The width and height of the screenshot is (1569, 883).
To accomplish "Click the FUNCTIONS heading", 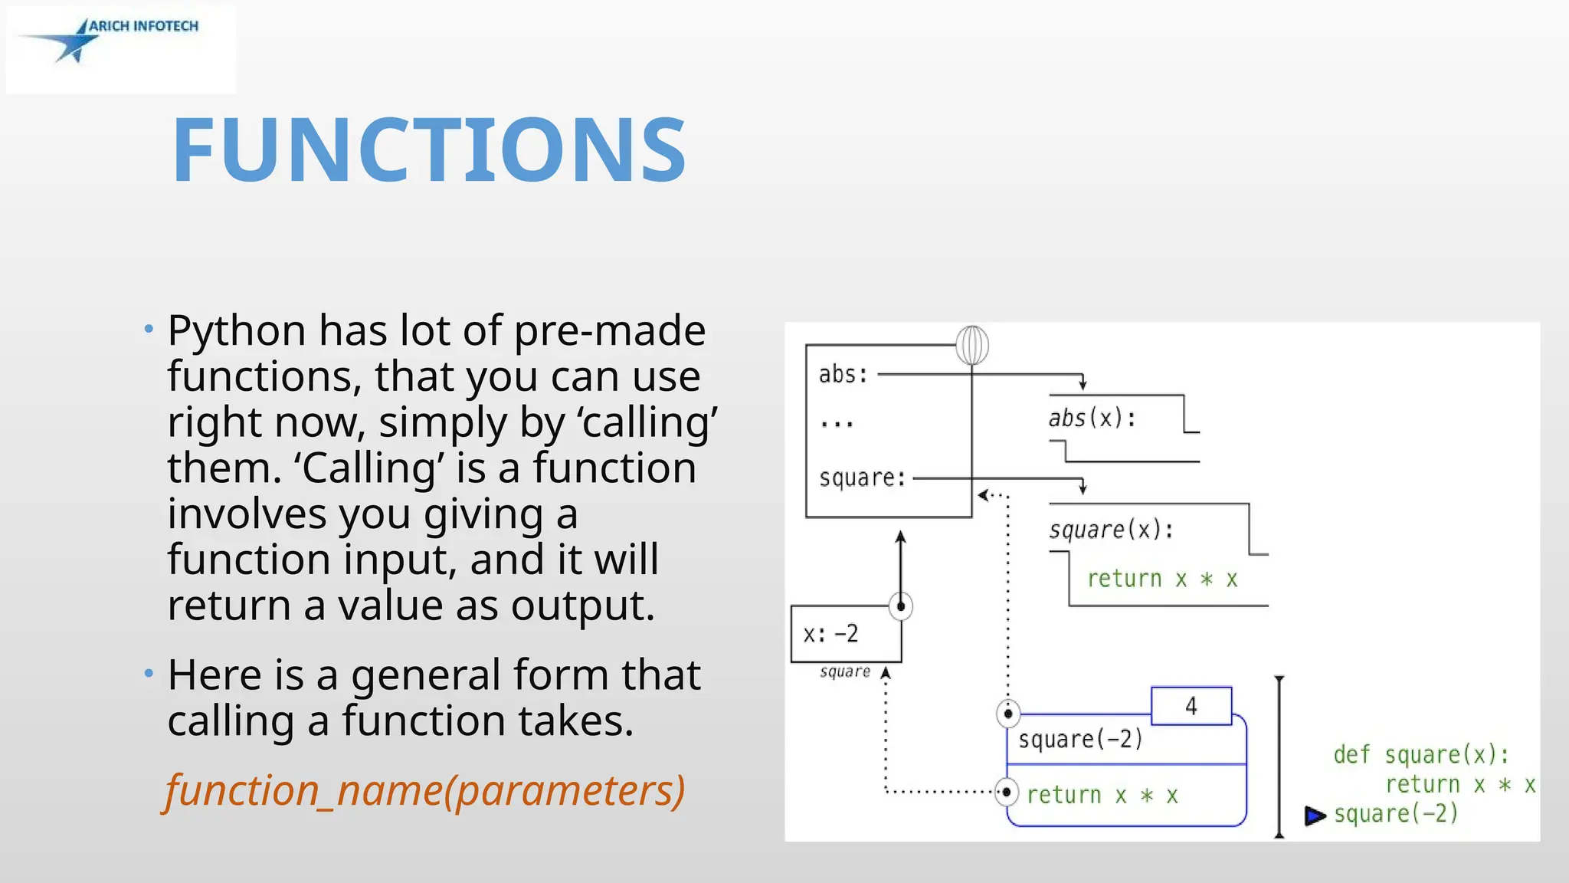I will tap(429, 150).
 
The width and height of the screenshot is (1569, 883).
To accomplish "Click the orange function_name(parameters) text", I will tap(425, 790).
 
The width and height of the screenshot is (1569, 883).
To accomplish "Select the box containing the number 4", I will tap(1191, 706).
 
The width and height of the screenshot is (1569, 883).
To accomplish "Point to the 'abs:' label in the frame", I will tap(843, 375).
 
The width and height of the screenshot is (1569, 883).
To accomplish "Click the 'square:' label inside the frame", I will tap(862, 478).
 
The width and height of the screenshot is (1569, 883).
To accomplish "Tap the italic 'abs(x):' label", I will tap(1092, 419).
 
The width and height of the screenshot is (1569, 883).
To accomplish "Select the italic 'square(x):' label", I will tap(1111, 530).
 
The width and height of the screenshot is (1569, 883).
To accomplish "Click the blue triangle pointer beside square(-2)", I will tap(1315, 816).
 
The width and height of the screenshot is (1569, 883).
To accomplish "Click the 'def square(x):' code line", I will tap(1421, 755).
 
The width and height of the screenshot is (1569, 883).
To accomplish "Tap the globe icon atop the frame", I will tap(972, 346).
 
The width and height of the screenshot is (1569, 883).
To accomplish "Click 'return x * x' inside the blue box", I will tap(1102, 795).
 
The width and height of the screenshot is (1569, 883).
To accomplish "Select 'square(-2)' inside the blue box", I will tap(1080, 740).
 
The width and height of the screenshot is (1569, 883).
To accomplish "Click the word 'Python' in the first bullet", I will tap(237, 331).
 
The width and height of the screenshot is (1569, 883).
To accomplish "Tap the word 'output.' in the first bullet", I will tap(583, 606).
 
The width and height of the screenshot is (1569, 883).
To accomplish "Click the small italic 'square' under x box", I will tap(845, 672).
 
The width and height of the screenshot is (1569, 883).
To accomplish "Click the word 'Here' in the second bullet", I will tap(214, 675).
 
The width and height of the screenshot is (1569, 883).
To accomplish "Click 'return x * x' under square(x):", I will tap(1162, 579).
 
